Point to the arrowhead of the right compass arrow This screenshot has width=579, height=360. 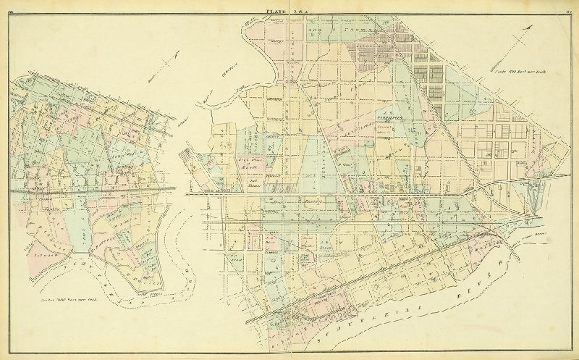[533, 28]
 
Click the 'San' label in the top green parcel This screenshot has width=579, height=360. [316, 33]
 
